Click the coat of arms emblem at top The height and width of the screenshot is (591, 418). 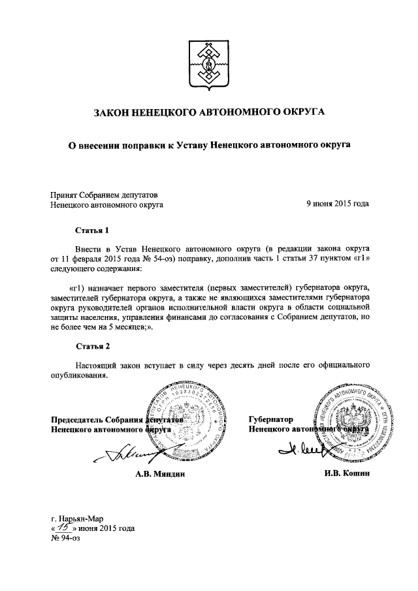tap(209, 65)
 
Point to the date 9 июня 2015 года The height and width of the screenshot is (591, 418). tap(338, 204)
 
